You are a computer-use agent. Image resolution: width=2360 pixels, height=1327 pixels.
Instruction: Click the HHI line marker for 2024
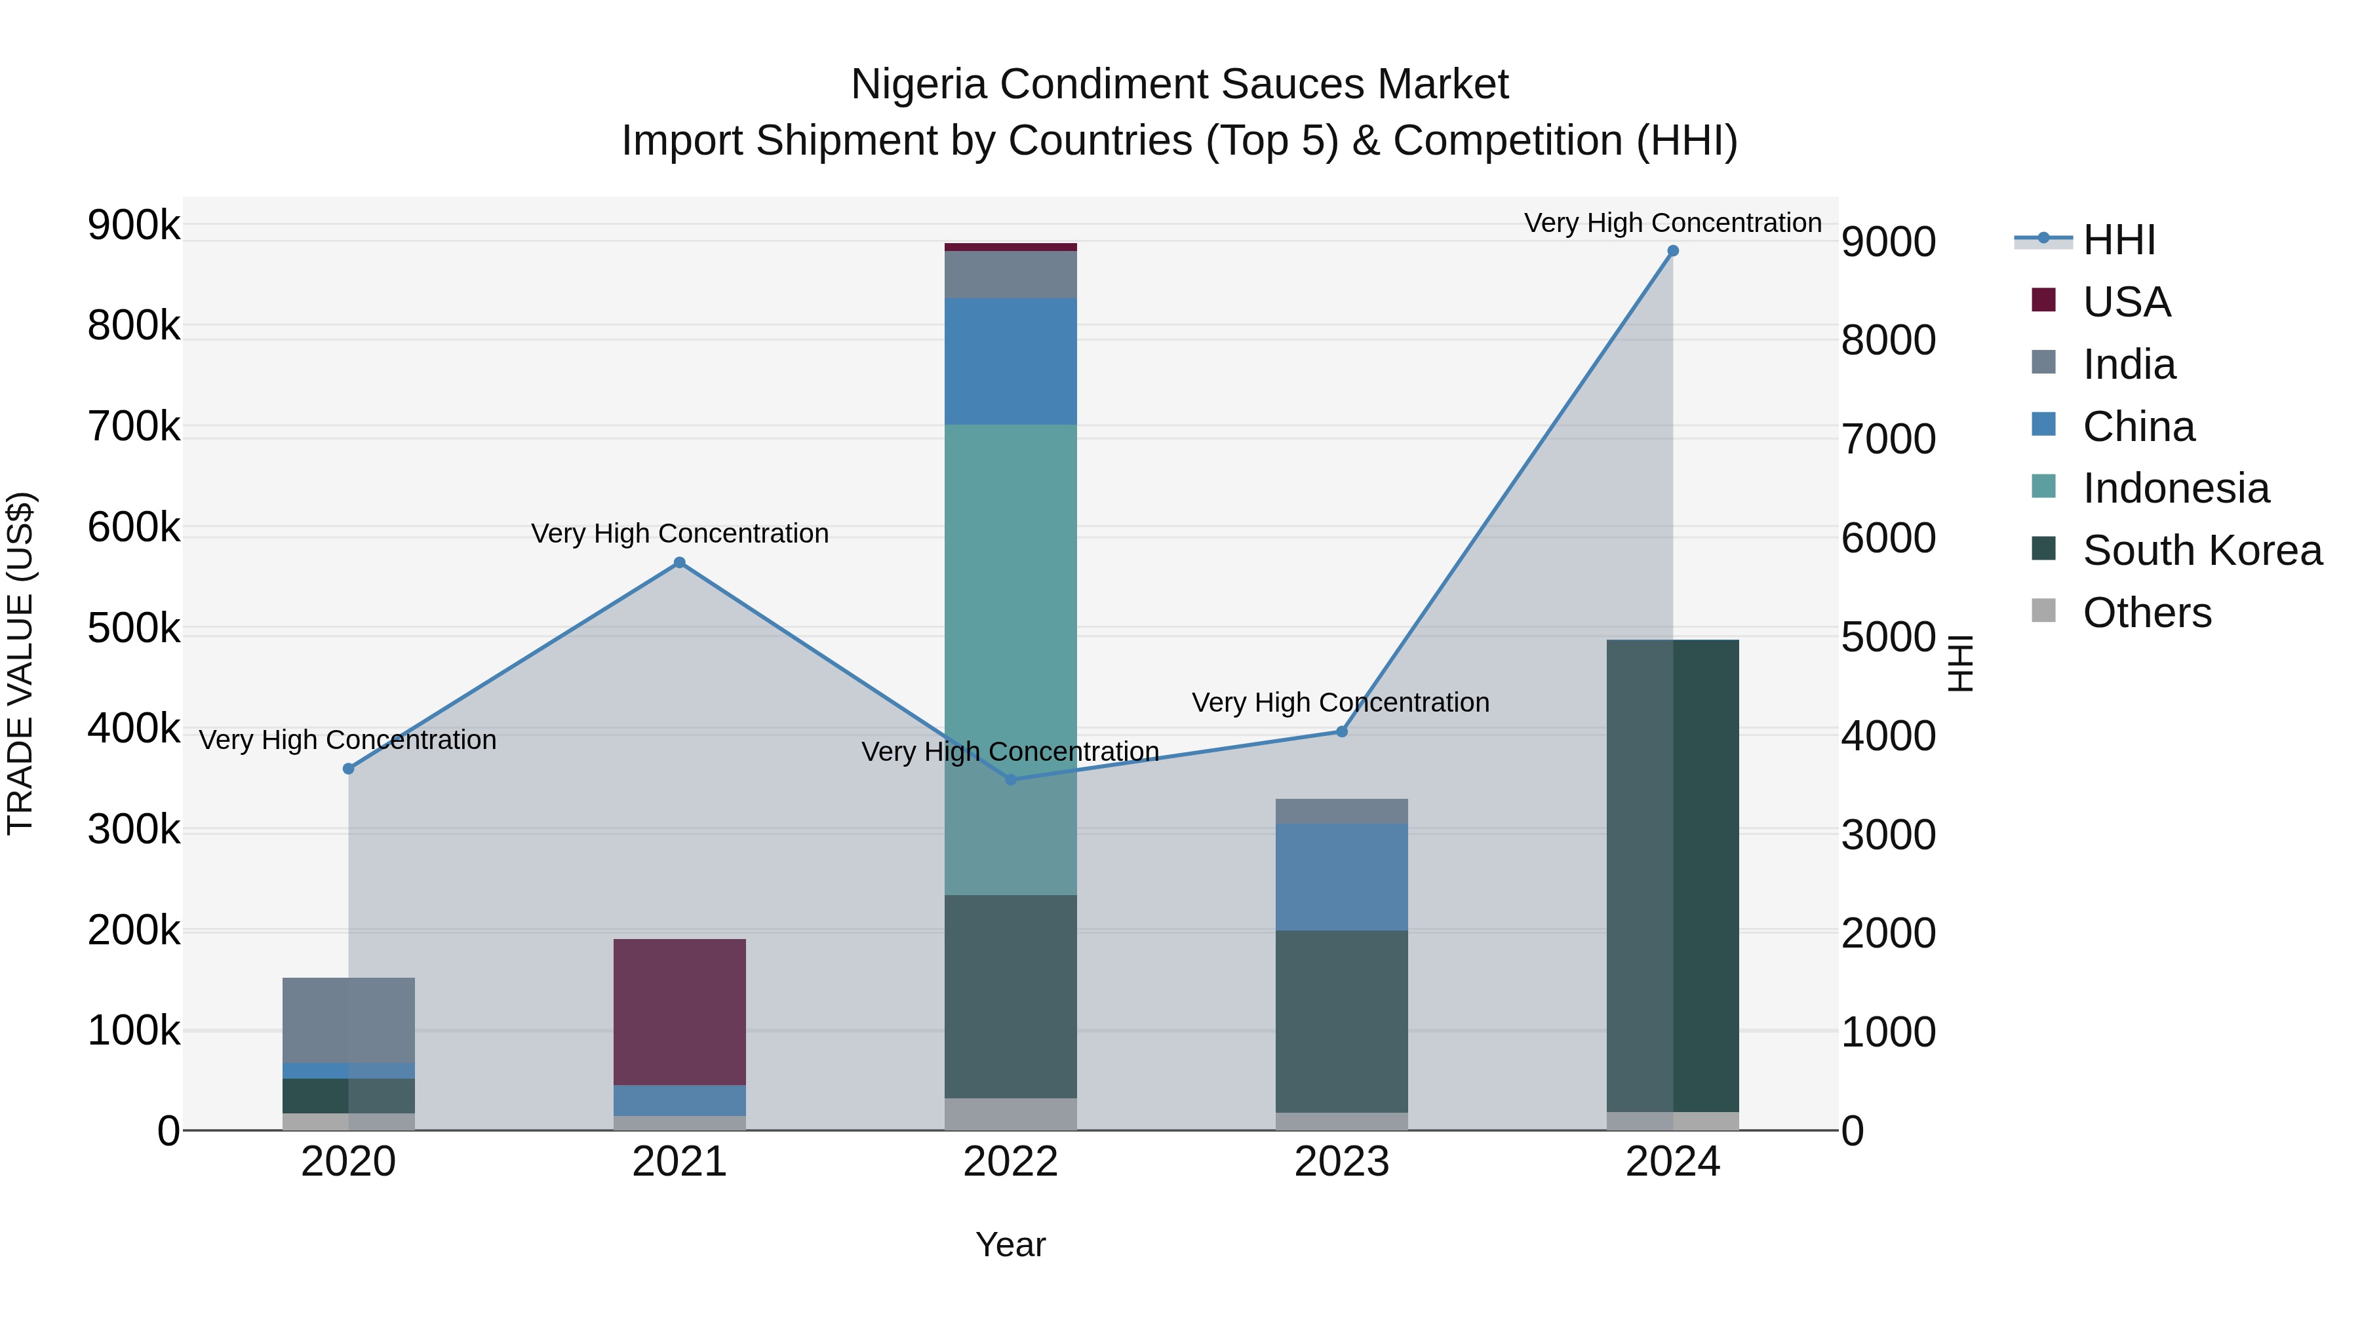click(1673, 251)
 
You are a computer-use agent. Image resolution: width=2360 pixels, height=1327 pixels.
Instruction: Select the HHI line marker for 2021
click(680, 562)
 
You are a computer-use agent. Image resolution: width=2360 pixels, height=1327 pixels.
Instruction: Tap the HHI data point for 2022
click(1010, 779)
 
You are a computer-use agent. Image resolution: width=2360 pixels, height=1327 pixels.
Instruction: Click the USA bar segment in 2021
click(680, 1011)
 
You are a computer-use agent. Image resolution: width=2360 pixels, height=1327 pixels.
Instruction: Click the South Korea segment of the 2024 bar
click(1673, 875)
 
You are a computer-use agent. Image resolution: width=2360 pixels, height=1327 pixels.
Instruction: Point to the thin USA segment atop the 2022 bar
click(1010, 247)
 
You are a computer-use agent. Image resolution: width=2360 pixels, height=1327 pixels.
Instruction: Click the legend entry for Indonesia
click(2175, 488)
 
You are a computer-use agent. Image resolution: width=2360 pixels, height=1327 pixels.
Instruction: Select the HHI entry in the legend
click(2118, 240)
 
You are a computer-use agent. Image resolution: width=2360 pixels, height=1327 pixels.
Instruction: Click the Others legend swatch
click(2044, 611)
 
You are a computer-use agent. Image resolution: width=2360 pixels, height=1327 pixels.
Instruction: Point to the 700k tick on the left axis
click(134, 427)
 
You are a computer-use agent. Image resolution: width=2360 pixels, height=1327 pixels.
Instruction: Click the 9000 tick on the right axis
click(1888, 242)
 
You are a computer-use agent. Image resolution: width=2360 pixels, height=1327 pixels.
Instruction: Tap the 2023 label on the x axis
click(1341, 1162)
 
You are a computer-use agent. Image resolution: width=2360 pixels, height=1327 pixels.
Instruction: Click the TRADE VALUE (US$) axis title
click(20, 663)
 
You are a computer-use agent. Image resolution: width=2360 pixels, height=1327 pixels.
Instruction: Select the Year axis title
click(1010, 1244)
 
